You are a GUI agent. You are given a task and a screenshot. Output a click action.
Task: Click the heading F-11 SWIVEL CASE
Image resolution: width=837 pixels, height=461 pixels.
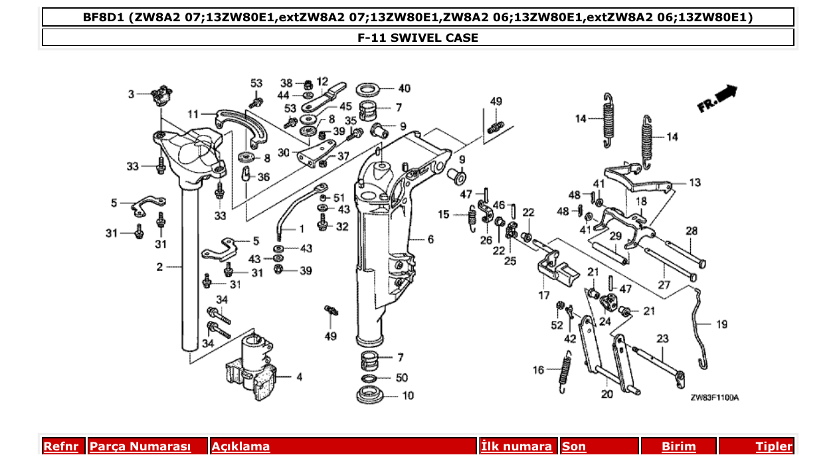click(418, 38)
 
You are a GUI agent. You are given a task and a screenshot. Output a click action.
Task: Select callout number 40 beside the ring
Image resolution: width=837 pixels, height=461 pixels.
click(405, 88)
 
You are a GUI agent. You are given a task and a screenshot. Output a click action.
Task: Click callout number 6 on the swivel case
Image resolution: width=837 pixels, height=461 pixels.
click(430, 239)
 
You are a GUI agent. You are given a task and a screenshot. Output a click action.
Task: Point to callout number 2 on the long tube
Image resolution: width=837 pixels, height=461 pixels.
click(159, 267)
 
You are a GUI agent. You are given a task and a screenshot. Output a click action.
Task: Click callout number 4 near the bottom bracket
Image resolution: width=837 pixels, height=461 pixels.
click(299, 377)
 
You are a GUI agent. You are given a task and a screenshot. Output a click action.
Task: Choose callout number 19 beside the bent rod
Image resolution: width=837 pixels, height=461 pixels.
click(721, 325)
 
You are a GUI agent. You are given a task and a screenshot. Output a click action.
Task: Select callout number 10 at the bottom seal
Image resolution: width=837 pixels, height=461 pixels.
click(407, 396)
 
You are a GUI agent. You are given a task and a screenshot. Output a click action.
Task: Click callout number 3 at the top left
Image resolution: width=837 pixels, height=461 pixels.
click(132, 94)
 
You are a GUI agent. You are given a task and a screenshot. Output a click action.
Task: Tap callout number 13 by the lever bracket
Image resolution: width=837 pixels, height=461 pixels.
click(694, 182)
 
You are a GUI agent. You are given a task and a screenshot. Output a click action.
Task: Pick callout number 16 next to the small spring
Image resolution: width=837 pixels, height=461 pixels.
click(538, 370)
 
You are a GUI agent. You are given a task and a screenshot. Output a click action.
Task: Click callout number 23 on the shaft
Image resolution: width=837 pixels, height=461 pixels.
click(662, 338)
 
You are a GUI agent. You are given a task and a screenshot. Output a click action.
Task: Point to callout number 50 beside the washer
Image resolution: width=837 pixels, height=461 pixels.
click(402, 377)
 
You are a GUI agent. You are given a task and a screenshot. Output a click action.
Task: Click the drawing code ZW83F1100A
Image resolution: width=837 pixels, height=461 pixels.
click(714, 398)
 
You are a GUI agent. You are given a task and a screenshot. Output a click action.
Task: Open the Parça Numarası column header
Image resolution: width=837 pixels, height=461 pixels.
click(140, 446)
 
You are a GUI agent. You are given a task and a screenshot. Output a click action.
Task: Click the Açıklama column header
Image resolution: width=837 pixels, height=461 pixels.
click(240, 446)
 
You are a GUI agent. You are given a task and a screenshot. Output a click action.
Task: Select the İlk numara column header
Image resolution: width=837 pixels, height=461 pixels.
click(516, 446)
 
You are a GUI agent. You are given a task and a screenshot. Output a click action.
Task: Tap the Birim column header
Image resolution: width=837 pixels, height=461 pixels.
click(678, 446)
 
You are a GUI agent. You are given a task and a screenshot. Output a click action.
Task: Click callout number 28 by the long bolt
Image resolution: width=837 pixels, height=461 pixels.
click(692, 231)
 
